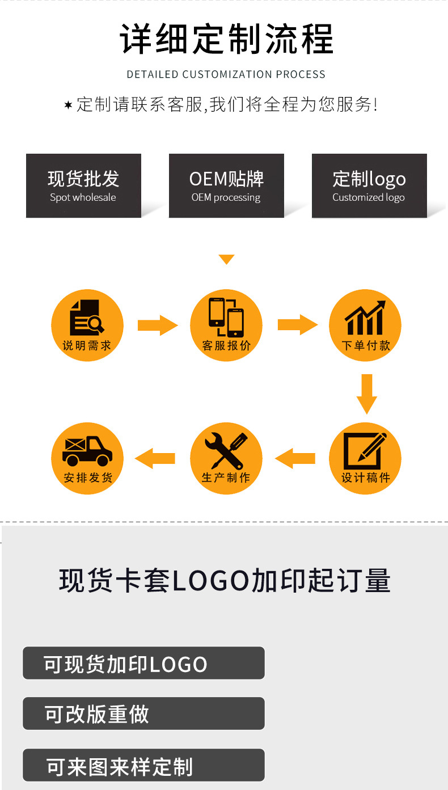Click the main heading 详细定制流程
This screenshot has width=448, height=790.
[x=226, y=39]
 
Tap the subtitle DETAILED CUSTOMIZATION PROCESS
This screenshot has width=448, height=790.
[x=226, y=74]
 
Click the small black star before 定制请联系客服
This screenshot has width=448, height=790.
[x=68, y=105]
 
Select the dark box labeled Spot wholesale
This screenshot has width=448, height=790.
[x=83, y=185]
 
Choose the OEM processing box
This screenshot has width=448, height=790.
[x=226, y=185]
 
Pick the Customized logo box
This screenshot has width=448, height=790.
[x=369, y=185]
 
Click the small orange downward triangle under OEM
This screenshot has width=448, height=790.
[x=226, y=260]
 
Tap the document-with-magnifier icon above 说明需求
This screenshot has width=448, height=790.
[x=87, y=318]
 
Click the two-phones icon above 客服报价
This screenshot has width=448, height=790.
[x=226, y=317]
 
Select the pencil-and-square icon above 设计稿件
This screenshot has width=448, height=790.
[x=365, y=451]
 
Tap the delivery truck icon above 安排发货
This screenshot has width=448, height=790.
[x=87, y=451]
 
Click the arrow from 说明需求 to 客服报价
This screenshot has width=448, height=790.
[x=158, y=325]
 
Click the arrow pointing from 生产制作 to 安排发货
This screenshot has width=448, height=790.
[x=155, y=458]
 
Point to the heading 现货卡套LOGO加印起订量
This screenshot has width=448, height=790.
[x=225, y=581]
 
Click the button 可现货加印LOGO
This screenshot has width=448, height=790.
[x=143, y=663]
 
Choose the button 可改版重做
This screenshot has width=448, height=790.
[x=143, y=713]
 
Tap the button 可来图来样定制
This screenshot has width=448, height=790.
[x=143, y=765]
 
